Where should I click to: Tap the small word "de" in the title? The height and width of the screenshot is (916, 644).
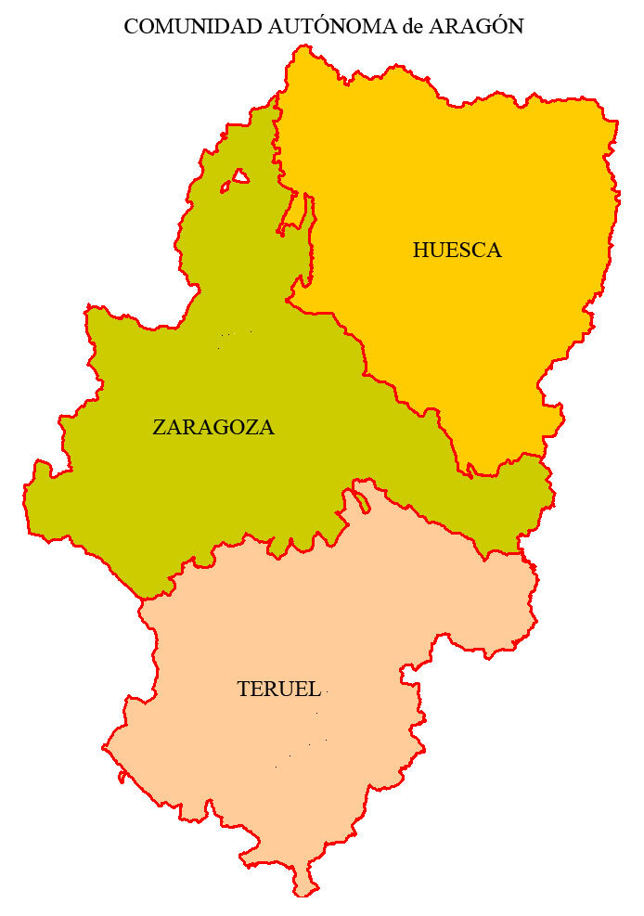(x=413, y=28)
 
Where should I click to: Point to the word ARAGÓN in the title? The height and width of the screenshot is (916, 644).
(x=476, y=27)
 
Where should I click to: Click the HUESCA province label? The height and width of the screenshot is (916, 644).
(x=457, y=251)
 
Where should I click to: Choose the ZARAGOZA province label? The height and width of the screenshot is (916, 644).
(x=213, y=428)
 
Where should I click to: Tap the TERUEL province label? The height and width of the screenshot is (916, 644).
(x=279, y=690)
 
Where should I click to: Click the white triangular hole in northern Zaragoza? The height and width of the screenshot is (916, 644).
(x=238, y=177)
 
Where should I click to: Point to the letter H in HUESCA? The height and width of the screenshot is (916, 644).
(x=420, y=251)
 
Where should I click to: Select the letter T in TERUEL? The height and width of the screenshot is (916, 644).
(x=243, y=690)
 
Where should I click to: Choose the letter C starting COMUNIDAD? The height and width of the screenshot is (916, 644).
(x=131, y=27)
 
